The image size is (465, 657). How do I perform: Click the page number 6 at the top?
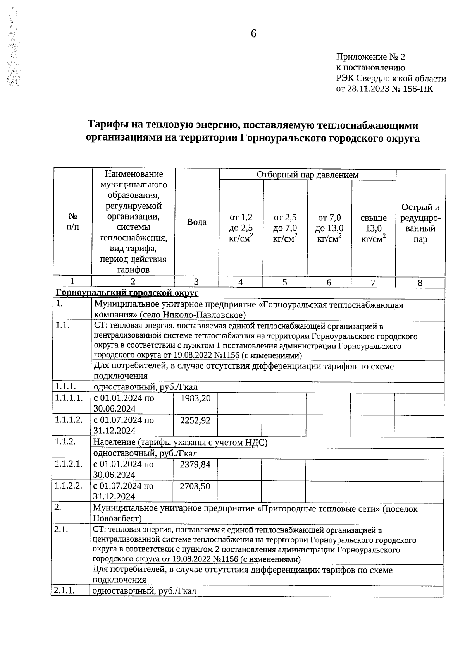[x=253, y=34]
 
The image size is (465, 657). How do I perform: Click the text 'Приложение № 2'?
[x=370, y=57]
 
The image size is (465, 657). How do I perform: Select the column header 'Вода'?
[x=197, y=222]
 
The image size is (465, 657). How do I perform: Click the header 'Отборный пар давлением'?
[x=307, y=175]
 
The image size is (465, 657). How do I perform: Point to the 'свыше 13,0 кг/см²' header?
[x=373, y=228]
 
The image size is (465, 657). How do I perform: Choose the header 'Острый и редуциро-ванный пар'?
[x=420, y=223]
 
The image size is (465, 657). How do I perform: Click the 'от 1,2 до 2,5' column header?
[x=241, y=228]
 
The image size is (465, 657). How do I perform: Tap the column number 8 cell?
[x=420, y=283]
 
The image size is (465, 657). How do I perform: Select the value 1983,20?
[x=196, y=398]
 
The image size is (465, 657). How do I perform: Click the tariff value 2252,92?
[x=196, y=420]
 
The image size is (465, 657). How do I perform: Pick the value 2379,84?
[x=195, y=465]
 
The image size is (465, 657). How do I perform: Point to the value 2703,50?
[x=195, y=487]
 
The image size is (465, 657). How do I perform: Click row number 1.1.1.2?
[x=69, y=420]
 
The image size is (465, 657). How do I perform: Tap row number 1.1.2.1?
[x=69, y=464]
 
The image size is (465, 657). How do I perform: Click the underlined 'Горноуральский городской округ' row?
[x=127, y=293]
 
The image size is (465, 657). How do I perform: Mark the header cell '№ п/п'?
[x=72, y=221]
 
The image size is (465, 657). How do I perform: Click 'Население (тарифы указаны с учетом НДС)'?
[x=180, y=443]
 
